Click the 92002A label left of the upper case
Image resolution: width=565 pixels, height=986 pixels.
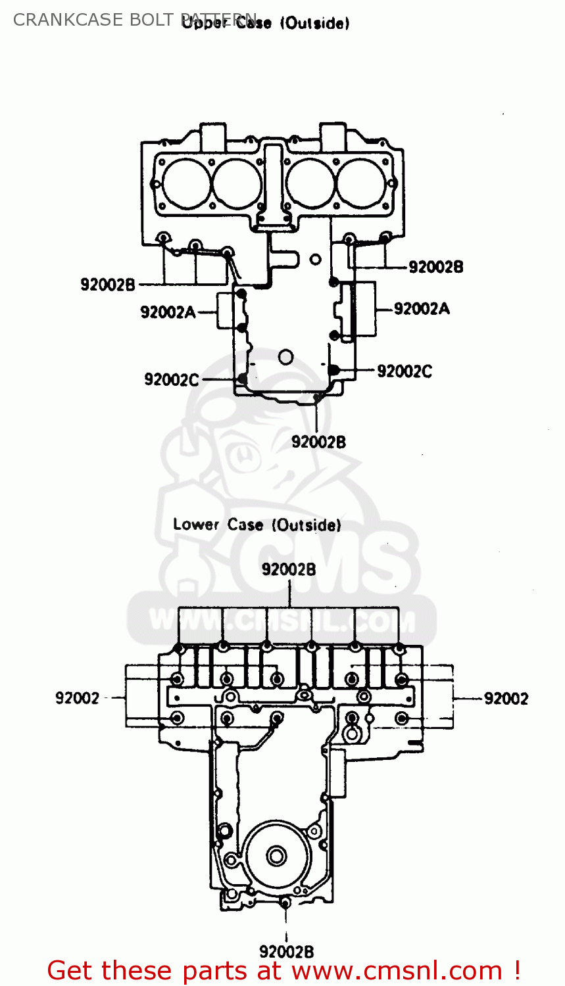168,312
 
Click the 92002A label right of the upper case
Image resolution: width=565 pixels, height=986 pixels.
422,308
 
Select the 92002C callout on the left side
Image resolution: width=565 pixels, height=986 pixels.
171,379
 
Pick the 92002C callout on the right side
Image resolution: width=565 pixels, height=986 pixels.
405,371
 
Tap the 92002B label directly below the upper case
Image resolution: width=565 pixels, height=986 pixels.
318,442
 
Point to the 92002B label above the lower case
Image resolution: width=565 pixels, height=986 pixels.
289,569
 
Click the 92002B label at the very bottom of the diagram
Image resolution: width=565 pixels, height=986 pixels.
286,951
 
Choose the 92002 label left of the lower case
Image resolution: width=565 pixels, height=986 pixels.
77,698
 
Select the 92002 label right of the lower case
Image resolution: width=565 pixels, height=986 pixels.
506,698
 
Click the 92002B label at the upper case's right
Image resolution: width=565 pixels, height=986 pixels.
435,267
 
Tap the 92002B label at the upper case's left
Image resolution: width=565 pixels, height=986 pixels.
108,285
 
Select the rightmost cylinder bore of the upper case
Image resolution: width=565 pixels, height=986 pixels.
362,182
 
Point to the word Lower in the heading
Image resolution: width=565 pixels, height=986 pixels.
196,525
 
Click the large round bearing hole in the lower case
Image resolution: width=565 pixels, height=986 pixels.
276,856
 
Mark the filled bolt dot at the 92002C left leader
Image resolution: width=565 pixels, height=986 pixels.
243,379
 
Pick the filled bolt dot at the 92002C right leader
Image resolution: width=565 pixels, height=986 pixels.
334,370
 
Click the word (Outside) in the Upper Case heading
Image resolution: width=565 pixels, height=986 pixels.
314,24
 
